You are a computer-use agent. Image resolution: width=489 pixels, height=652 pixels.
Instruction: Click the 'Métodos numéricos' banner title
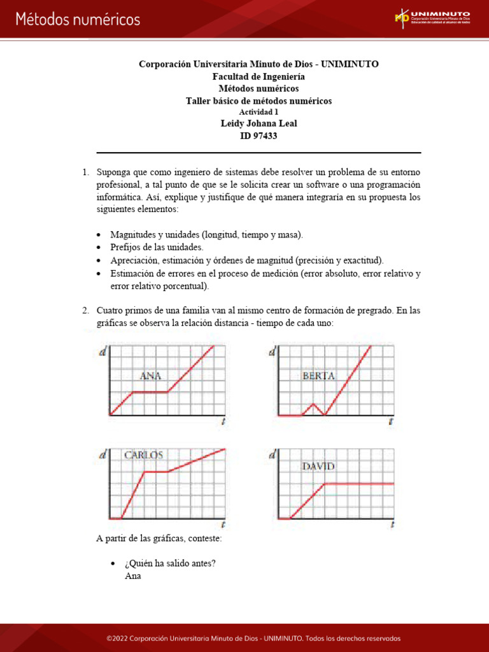[78, 19]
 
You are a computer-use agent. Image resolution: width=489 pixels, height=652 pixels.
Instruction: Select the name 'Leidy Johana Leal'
[259, 124]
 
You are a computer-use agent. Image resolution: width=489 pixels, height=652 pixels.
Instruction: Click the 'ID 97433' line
[259, 135]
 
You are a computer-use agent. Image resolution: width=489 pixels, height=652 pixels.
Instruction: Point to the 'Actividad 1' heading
[259, 112]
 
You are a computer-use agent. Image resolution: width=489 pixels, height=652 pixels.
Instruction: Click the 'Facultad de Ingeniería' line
[259, 76]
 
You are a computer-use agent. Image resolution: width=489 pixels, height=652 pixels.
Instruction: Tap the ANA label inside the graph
[150, 376]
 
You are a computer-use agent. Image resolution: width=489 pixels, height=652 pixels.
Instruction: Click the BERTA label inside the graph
[318, 376]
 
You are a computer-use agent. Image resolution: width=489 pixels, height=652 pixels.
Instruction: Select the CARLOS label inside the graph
[143, 455]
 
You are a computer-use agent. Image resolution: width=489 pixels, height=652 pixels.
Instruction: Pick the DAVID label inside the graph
[318, 466]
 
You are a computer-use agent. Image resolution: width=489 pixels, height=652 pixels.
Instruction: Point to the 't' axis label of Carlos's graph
[223, 525]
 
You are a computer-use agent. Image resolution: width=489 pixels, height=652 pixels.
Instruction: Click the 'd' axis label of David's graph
[273, 455]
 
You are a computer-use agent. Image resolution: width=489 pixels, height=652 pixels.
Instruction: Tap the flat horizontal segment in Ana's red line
[150, 392]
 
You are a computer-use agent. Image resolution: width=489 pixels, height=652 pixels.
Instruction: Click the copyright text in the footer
[244, 639]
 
